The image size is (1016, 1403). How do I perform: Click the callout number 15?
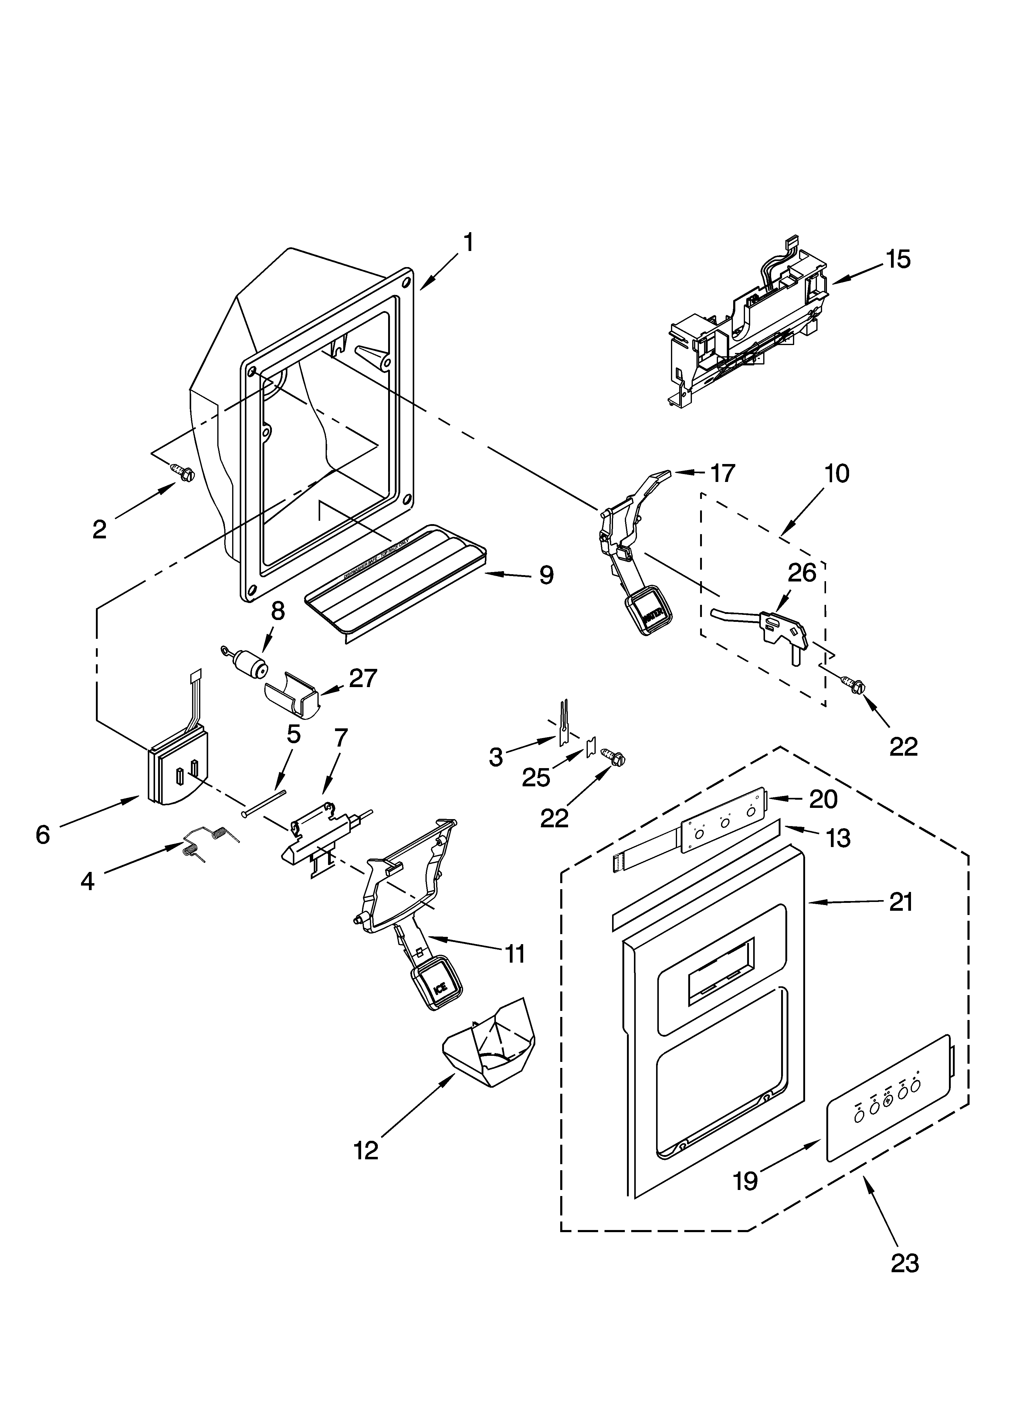[x=898, y=259]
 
